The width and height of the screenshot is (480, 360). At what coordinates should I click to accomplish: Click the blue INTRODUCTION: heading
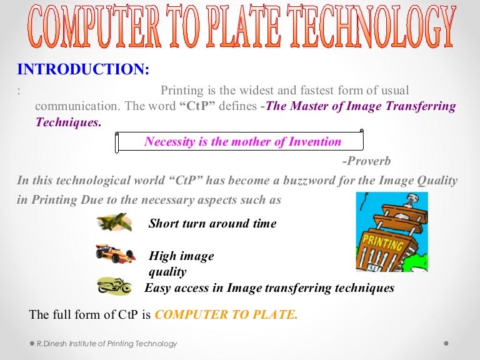coord(83,69)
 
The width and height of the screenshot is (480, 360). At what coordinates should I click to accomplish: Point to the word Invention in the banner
coord(315,142)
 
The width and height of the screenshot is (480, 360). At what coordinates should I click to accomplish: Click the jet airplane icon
coord(114,222)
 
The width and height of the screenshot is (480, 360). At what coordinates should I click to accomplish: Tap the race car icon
coord(115,253)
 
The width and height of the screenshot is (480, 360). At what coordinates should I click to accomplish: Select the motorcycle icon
coord(114,286)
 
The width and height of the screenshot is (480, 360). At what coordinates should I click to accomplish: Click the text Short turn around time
coord(212,224)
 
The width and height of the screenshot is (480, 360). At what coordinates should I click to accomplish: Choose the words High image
coord(181,256)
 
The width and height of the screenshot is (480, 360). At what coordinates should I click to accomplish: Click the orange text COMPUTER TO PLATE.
coord(226,314)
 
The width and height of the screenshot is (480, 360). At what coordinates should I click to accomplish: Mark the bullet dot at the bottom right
coord(446,344)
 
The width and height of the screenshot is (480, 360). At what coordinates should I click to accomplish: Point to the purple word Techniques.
coord(68,122)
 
